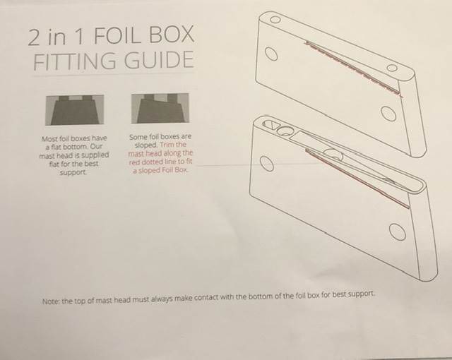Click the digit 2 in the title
[x=35, y=37]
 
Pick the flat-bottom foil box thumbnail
[x=75, y=110]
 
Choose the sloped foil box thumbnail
[x=160, y=108]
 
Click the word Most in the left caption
[x=49, y=139]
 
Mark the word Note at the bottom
[x=51, y=301]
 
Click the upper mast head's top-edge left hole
[x=275, y=19]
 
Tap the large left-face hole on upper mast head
[x=271, y=54]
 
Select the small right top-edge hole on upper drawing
[x=391, y=68]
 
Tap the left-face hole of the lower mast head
[x=267, y=164]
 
